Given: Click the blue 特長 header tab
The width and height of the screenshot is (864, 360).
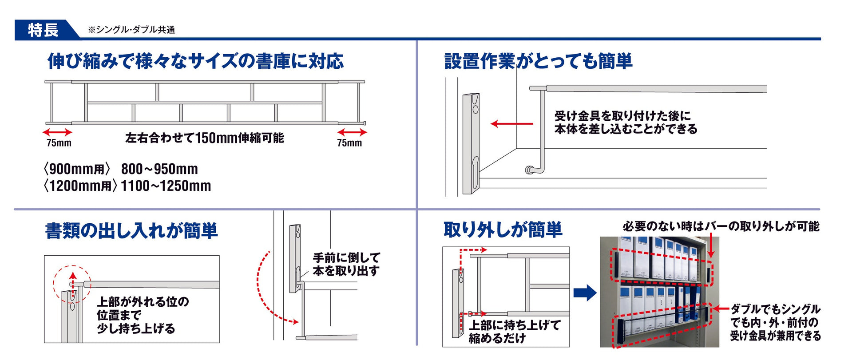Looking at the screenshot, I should coord(43,30).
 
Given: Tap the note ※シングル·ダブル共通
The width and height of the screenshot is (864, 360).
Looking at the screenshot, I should coord(131,30).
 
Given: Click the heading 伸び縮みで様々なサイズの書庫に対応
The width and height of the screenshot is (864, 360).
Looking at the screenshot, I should coord(195,61).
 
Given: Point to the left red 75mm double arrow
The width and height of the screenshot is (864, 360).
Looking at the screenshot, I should coord(57,132).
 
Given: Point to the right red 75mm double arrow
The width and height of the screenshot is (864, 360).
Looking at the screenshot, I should coord(352,132).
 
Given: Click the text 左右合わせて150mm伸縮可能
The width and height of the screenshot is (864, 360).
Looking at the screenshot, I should coord(204,138).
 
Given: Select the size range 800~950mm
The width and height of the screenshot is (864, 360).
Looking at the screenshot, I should coord(159,169).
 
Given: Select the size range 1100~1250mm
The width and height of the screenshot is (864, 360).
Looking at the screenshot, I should coord(166,186).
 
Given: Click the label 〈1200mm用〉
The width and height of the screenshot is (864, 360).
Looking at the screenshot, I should coord(80,186).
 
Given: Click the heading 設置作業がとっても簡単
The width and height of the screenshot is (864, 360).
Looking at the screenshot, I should coord(538,61).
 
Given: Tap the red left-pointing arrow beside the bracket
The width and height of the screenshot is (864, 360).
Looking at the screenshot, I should coord(511,124).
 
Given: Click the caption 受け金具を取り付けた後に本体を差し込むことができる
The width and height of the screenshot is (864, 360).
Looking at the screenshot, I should coord(626,123).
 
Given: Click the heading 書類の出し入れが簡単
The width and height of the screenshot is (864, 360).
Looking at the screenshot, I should coord(131,231).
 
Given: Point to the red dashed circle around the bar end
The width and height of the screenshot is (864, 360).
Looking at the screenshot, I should coord(72,284).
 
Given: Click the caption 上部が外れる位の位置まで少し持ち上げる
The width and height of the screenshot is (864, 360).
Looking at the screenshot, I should coord(143,315).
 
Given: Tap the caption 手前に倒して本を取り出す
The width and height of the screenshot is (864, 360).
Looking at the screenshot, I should coord(346,264).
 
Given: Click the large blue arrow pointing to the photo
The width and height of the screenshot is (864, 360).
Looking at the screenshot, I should coord(585,293).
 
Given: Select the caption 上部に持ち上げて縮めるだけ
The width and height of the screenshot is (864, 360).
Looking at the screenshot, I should coord(515,332).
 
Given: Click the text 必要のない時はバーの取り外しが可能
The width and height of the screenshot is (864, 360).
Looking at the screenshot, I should coord(721,226).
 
